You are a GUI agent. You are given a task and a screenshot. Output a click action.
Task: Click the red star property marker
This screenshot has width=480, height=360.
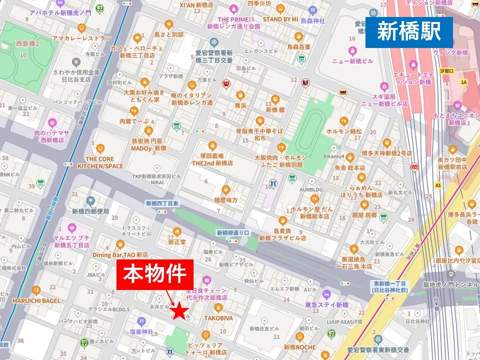pyautogui.click(x=180, y=313)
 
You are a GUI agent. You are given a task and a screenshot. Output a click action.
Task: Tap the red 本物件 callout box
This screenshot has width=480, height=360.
pyautogui.click(x=155, y=274)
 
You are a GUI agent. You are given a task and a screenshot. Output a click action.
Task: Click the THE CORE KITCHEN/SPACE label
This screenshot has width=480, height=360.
pyautogui.click(x=100, y=162)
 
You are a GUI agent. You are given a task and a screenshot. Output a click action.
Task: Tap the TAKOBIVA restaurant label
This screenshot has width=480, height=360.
pyautogui.click(x=218, y=317)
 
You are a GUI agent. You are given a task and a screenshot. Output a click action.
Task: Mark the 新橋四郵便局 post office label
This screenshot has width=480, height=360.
pyautogui.click(x=90, y=211)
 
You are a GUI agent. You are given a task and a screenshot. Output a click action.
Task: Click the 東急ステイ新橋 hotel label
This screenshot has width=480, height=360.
pyautogui.click(x=326, y=305)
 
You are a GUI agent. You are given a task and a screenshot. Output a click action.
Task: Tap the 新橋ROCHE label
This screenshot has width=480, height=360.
pyautogui.click(x=299, y=347)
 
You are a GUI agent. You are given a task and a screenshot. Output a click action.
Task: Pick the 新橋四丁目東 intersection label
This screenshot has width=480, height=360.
pyautogui.click(x=161, y=203)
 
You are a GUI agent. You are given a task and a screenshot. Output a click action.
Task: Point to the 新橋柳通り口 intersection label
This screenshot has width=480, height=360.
pyautogui.click(x=232, y=232)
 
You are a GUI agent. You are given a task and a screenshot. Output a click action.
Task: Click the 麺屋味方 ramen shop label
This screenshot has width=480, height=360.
pyautogui.click(x=226, y=200)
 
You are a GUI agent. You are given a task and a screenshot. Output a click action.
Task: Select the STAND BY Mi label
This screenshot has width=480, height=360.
pyautogui.click(x=280, y=19)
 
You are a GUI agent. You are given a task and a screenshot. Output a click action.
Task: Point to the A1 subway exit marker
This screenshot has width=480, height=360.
pyautogui.click(x=438, y=185)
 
